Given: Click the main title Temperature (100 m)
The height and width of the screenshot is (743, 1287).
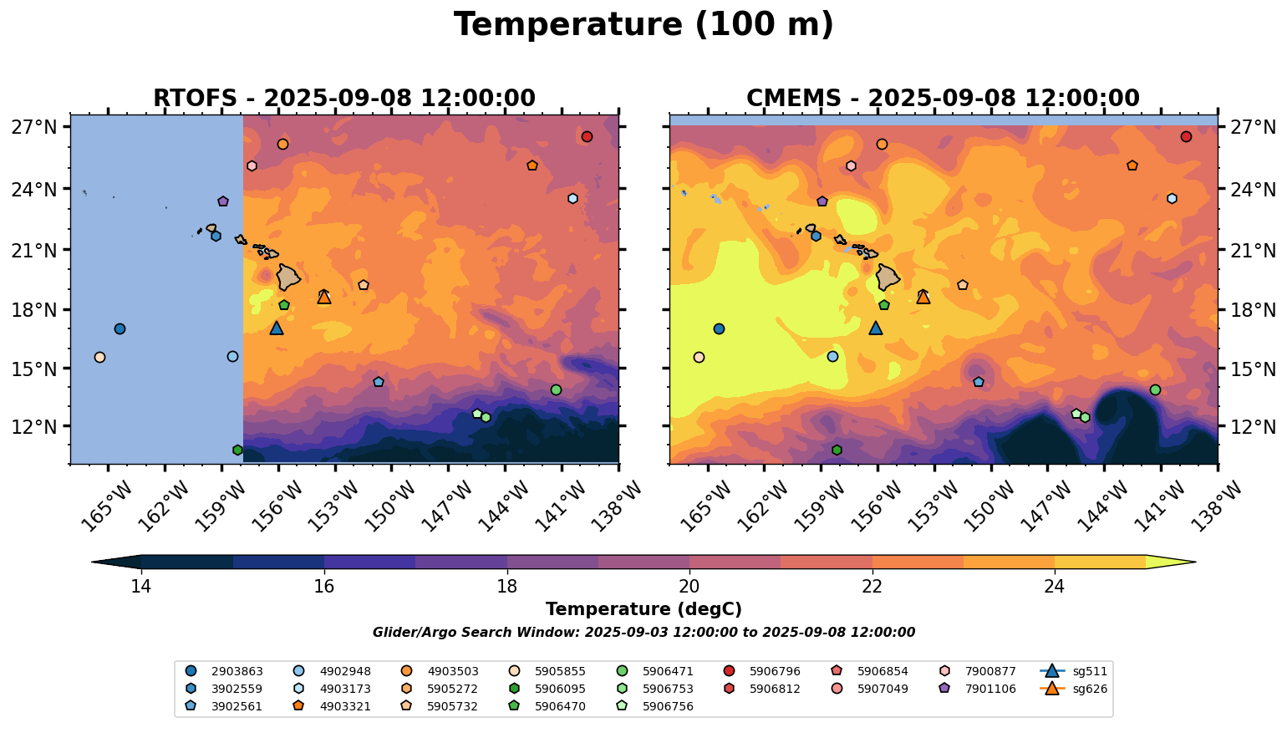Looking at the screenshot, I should tap(643, 25).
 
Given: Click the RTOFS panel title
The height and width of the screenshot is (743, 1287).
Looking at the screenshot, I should tap(343, 99).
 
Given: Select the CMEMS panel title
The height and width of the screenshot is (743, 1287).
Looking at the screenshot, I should tap(943, 99).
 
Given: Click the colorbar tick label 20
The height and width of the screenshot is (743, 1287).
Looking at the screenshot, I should tap(689, 587).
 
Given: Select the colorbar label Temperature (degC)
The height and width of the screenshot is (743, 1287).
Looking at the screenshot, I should tap(643, 609).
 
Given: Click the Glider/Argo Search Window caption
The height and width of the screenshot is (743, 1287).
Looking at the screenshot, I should tap(643, 633).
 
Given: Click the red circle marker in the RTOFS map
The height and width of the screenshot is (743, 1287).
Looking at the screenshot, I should tap(587, 137).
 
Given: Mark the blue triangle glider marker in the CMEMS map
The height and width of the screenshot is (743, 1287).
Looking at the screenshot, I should tap(876, 328).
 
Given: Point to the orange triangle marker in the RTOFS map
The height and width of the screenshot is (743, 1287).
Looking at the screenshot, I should tap(324, 297).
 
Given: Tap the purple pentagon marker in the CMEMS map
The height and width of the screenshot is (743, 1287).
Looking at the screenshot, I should tap(822, 201).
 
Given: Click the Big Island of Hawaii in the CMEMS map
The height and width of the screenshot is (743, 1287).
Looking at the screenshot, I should tap(887, 277).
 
